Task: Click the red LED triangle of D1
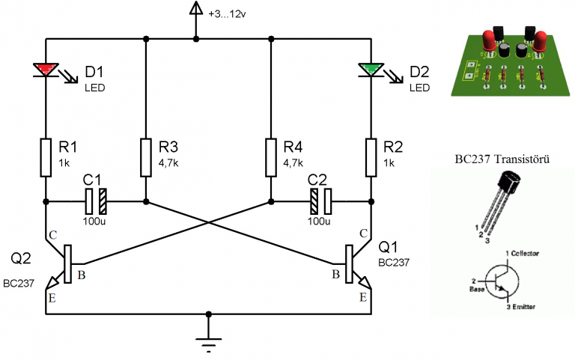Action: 46,69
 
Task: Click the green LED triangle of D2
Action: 371,69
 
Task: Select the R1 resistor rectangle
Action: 46,157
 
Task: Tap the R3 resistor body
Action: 146,157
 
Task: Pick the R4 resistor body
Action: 271,157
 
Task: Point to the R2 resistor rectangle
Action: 371,157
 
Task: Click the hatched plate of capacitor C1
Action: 103,201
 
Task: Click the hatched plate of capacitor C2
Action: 314,201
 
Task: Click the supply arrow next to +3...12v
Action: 196,8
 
